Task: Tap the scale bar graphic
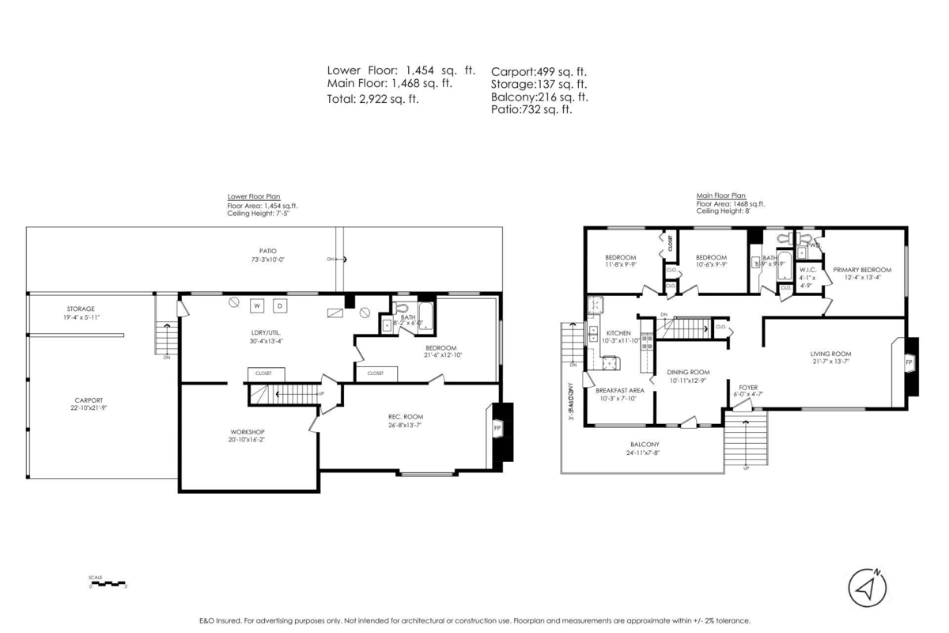click(108, 584)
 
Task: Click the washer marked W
click(257, 306)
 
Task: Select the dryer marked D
click(281, 306)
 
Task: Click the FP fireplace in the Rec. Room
click(498, 428)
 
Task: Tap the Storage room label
click(80, 309)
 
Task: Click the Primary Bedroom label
click(862, 270)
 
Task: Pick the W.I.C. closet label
click(807, 270)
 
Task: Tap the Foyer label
click(747, 388)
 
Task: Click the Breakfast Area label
click(619, 390)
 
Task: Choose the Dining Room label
click(687, 372)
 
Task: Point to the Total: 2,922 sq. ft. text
click(373, 99)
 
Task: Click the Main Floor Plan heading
click(720, 195)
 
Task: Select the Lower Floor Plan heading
click(253, 196)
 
